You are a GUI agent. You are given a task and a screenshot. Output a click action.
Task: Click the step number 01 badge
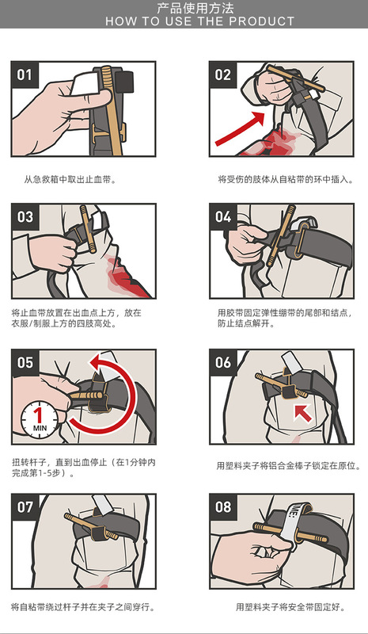(x=25, y=74)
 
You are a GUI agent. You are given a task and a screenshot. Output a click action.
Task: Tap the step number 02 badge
(x=223, y=74)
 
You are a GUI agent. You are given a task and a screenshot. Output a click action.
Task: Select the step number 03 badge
(x=25, y=217)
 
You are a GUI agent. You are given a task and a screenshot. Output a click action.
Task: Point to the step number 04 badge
(x=223, y=217)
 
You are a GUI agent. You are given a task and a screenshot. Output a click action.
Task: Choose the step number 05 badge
(x=25, y=363)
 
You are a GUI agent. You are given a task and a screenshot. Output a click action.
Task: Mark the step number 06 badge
(x=223, y=363)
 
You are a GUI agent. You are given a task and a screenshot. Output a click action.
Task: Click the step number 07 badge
(x=25, y=507)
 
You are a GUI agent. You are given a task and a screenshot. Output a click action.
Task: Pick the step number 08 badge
(x=223, y=507)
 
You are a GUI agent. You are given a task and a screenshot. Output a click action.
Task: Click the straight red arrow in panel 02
(x=241, y=128)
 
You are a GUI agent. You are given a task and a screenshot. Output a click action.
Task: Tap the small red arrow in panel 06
(x=303, y=413)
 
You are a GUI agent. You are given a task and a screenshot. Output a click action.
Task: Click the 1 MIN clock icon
(x=40, y=420)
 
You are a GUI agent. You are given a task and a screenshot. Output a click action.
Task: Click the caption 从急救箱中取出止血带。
(x=70, y=180)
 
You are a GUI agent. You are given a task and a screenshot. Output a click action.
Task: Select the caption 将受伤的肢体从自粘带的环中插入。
(x=286, y=180)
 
